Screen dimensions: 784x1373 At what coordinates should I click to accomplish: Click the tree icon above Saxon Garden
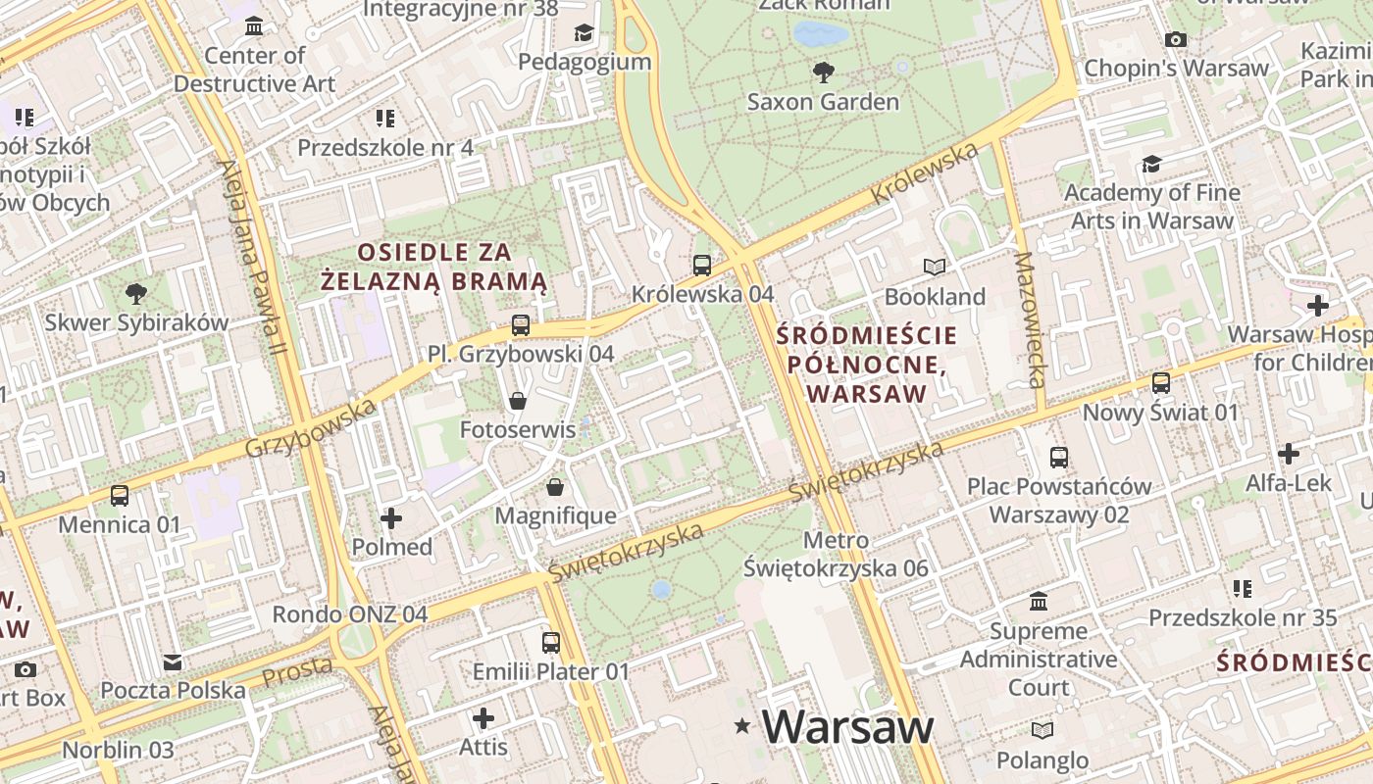point(823,71)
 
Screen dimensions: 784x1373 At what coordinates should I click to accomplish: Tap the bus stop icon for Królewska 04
point(701,265)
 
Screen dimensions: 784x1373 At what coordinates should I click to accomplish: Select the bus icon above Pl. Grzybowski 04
point(520,324)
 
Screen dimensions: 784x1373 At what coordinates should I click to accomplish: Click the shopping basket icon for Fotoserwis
point(517,400)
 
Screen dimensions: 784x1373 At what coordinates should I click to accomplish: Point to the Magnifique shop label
point(555,515)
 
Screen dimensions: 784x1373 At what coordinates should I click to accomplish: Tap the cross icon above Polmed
point(391,517)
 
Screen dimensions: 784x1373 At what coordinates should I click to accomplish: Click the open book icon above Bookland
point(935,267)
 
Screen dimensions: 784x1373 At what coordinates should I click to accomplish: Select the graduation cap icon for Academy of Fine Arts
point(1151,163)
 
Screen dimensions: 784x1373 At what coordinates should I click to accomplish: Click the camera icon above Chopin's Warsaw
point(1175,39)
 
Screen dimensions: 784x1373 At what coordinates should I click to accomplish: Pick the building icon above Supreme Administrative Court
point(1039,601)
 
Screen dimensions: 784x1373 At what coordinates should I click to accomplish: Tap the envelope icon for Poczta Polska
point(173,662)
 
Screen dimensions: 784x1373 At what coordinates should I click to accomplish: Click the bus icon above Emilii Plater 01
point(550,643)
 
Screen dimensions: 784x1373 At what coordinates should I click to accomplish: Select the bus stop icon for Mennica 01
point(119,496)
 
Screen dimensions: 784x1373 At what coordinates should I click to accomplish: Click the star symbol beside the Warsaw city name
point(743,726)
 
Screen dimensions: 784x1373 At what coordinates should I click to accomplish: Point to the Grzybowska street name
point(311,429)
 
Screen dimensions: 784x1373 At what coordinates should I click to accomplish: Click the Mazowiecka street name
point(1031,319)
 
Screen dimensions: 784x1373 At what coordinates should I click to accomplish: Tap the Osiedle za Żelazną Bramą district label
point(434,267)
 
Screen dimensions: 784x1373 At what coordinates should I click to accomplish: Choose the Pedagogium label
point(585,62)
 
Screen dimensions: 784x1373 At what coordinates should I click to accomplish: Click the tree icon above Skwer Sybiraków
point(136,293)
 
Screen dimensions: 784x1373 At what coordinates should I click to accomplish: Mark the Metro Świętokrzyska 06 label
point(836,554)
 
